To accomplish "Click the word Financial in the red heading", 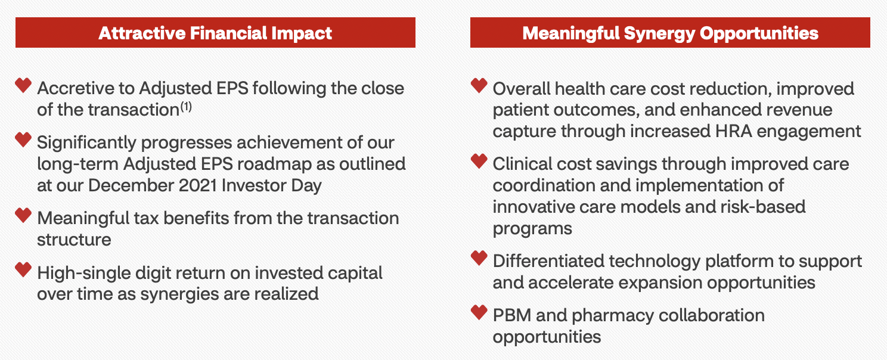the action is tap(228, 33).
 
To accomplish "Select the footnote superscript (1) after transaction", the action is tap(186, 107).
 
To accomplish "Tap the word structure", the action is tap(74, 240).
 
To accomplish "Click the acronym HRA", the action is tap(734, 132).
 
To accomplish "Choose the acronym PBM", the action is tap(511, 316).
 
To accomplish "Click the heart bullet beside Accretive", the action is tap(23, 85).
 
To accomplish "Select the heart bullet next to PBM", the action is tap(479, 312).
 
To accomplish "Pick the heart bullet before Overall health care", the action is tap(479, 86).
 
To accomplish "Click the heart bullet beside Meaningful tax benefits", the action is tap(23, 215).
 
